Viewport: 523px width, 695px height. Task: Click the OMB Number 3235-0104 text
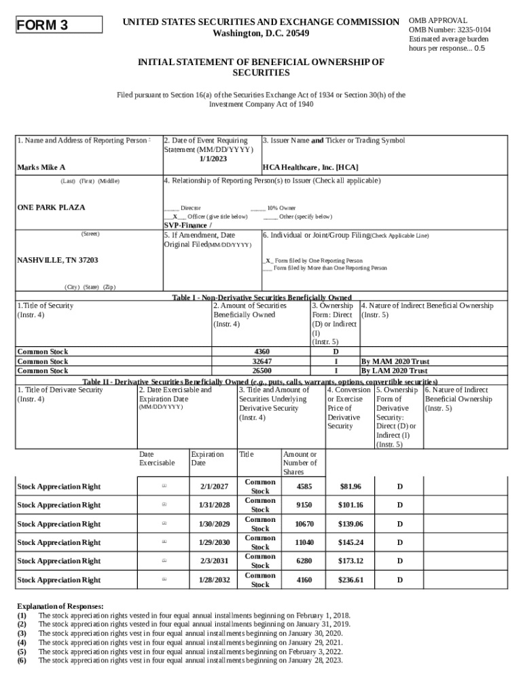tap(450, 30)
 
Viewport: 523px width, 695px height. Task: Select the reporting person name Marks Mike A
tap(41, 167)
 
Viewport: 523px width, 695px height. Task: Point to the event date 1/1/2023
tap(213, 158)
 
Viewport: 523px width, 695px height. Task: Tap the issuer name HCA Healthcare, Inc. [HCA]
tap(310, 167)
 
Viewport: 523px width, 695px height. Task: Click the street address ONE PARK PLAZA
tap(51, 207)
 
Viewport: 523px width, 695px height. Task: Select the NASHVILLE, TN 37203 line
tap(57, 260)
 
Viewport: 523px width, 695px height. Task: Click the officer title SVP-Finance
tap(187, 225)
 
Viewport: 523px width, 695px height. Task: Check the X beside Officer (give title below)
tap(175, 217)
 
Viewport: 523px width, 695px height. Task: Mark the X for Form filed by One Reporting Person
tap(268, 261)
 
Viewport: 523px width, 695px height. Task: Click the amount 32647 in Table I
tap(261, 362)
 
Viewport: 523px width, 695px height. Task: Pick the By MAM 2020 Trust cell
tap(395, 362)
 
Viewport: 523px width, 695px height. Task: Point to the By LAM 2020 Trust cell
tap(394, 371)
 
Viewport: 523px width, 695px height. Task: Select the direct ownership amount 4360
tap(261, 352)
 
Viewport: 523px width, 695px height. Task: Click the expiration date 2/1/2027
tap(214, 487)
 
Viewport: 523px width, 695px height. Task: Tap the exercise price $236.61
tap(350, 580)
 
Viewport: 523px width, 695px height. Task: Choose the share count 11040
tap(304, 542)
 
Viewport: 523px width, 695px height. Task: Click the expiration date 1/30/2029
tap(214, 524)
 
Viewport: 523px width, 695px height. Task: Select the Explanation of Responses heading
tap(60, 606)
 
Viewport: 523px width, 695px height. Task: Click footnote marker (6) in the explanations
tap(22, 660)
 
